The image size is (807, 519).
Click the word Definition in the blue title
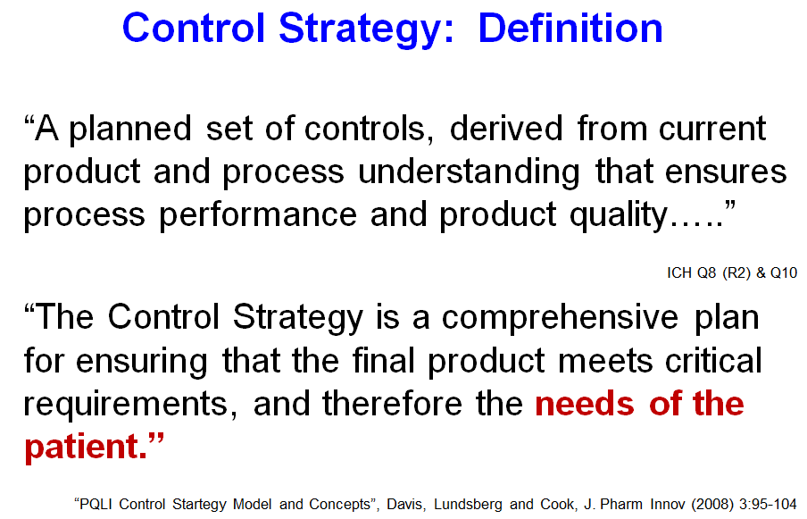click(x=570, y=28)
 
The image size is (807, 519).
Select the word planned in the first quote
click(x=130, y=130)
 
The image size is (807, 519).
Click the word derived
click(x=506, y=129)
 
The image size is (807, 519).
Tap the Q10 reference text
click(x=783, y=272)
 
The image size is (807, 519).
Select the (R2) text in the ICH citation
click(x=736, y=272)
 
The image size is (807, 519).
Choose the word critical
click(x=713, y=360)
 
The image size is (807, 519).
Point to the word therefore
click(x=392, y=403)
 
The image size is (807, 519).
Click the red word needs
click(x=585, y=403)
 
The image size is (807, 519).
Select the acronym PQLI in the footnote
click(x=96, y=504)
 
